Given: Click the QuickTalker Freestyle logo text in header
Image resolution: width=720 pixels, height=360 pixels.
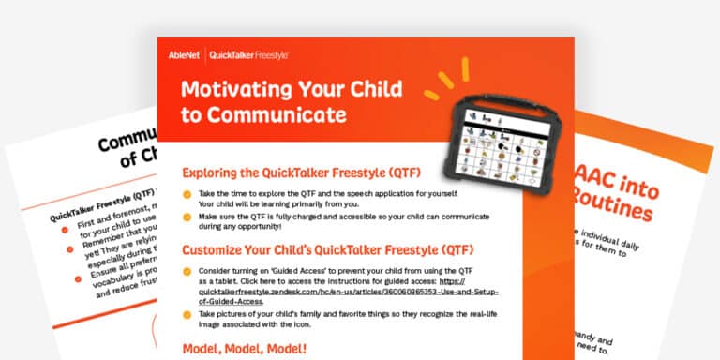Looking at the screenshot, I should [x=248, y=55].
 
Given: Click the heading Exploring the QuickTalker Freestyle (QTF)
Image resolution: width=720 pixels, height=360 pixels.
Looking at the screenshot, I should [x=301, y=172].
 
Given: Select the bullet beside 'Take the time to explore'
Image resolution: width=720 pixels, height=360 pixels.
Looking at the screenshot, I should [x=185, y=193].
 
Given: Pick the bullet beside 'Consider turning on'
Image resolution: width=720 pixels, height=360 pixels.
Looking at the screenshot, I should [x=185, y=271].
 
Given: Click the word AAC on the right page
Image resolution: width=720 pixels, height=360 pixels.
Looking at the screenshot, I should [x=610, y=177].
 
